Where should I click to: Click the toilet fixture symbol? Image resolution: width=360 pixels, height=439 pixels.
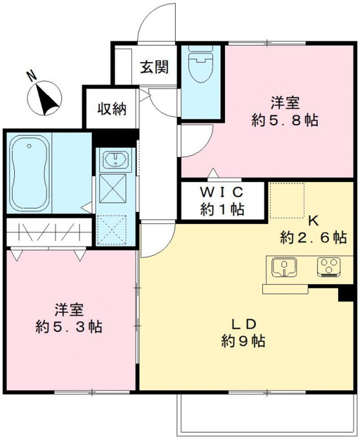[200, 64]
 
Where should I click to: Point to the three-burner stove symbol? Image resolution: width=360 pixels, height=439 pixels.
[329, 267]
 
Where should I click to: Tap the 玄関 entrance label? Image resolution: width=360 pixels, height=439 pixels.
[154, 66]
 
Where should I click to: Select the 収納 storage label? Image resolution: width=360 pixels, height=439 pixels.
[112, 109]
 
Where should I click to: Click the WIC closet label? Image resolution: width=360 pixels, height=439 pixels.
[222, 192]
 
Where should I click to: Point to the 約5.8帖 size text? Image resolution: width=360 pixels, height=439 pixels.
[285, 121]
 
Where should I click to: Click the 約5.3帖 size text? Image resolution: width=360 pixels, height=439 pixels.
[69, 327]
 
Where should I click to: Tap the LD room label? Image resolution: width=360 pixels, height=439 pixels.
[244, 324]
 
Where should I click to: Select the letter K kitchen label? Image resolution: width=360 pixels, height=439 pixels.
[313, 221]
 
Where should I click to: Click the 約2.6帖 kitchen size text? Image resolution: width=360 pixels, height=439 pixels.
[313, 238]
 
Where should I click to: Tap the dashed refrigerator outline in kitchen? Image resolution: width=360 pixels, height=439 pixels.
[287, 201]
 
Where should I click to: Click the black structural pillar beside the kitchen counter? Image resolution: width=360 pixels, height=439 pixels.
[345, 293]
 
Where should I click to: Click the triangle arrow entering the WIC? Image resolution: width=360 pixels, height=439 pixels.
[213, 172]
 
